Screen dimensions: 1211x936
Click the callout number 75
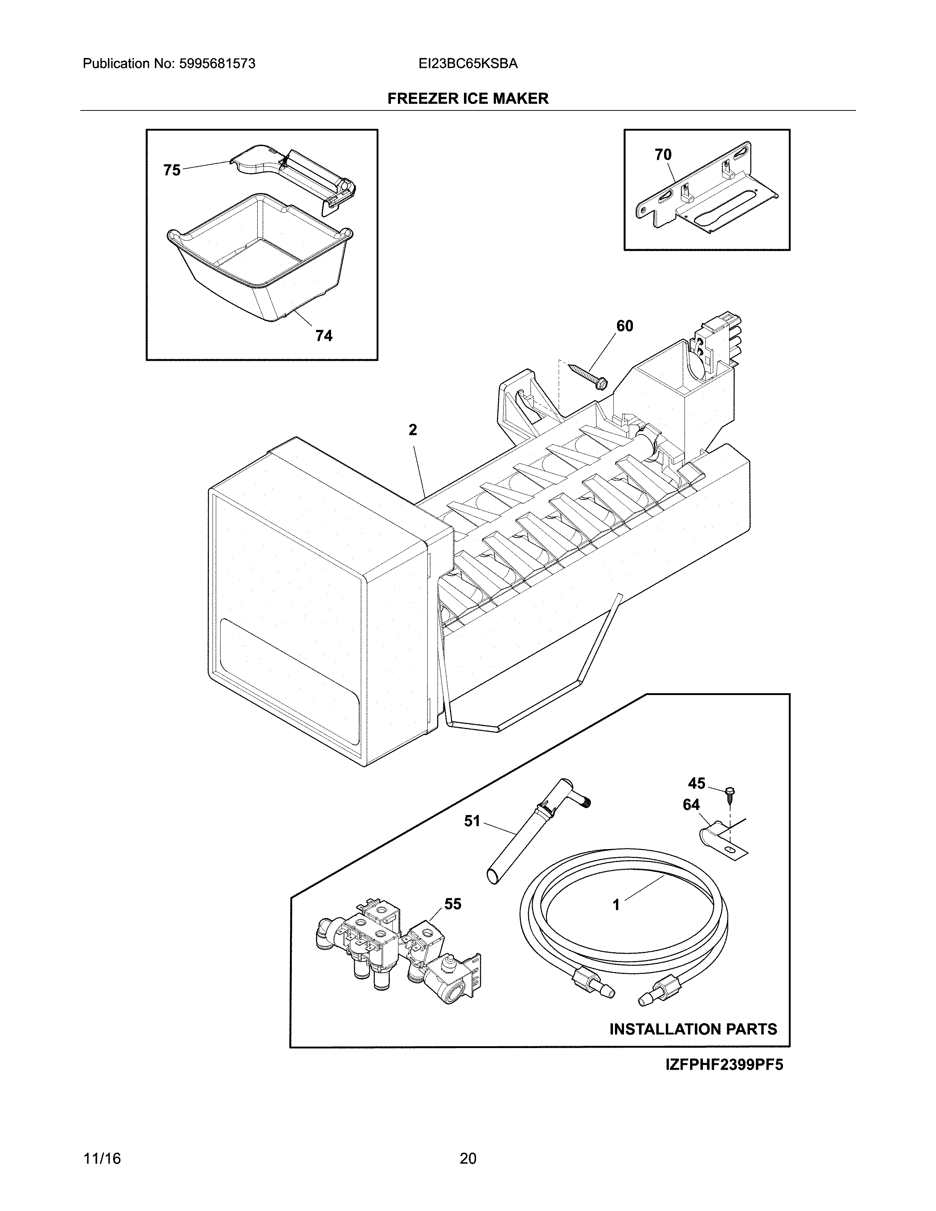tap(172, 170)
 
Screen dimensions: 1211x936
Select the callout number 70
tap(663, 155)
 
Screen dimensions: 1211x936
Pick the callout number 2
tap(413, 430)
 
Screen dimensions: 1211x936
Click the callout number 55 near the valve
tap(453, 904)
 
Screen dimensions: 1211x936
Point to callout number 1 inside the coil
tap(616, 905)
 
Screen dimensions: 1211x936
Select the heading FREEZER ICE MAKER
tap(468, 99)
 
